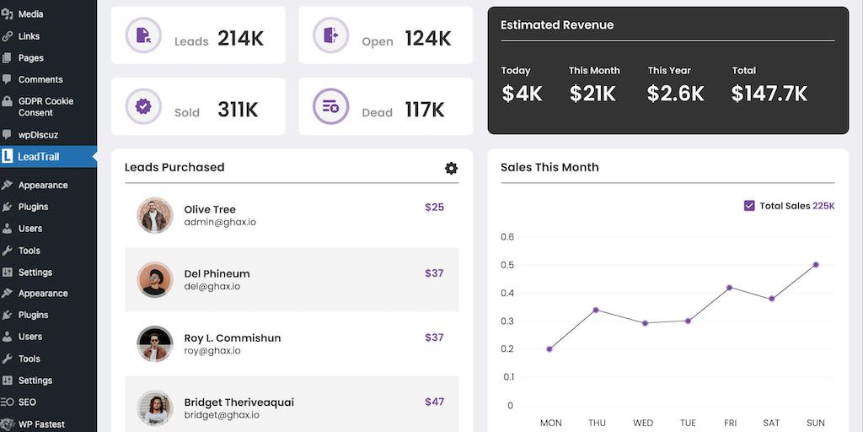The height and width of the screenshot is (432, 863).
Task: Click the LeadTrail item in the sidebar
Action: (x=39, y=156)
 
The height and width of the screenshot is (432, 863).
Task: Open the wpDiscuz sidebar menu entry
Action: (x=38, y=134)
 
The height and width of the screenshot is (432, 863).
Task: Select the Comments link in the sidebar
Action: (x=40, y=79)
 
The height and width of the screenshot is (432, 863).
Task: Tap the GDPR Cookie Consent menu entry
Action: (x=46, y=106)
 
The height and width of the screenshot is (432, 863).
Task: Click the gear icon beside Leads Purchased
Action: (x=451, y=168)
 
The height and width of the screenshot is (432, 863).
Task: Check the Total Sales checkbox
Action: (x=749, y=206)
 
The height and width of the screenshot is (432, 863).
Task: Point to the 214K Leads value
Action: (x=240, y=39)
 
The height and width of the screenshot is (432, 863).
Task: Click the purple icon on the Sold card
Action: (x=143, y=106)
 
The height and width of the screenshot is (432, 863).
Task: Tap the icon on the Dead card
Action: (x=330, y=106)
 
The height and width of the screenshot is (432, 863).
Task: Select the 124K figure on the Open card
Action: (x=427, y=39)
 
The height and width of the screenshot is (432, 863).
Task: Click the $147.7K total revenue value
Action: (x=769, y=94)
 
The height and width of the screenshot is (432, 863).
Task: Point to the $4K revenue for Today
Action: (x=522, y=94)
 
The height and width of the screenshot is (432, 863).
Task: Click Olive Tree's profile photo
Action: (x=155, y=215)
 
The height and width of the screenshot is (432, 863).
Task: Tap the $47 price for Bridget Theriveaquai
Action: (x=434, y=402)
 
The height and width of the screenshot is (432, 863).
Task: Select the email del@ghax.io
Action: (x=212, y=286)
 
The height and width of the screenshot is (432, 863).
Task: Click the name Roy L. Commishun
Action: (x=233, y=337)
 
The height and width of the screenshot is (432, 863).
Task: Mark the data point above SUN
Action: (x=816, y=265)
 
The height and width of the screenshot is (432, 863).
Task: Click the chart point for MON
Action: (x=549, y=348)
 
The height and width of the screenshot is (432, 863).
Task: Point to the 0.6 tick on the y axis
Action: (x=507, y=237)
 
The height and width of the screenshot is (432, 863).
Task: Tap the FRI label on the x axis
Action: (x=730, y=423)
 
